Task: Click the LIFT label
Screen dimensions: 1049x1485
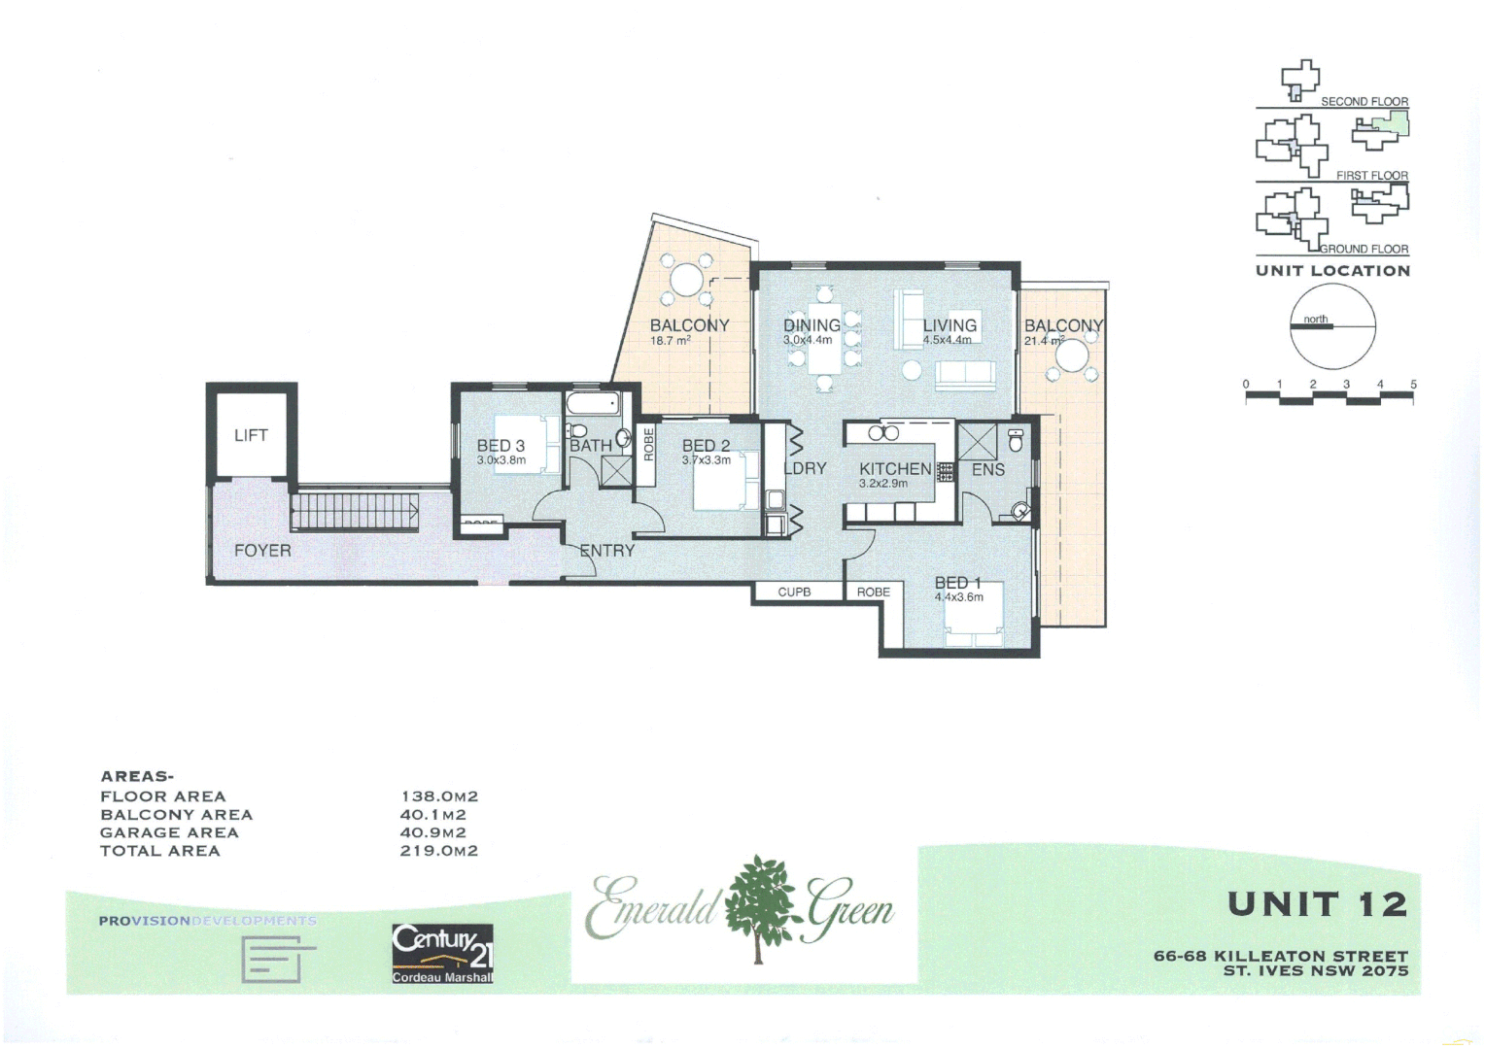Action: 251,435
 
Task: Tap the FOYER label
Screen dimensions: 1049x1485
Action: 262,551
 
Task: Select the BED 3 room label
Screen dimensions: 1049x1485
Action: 501,446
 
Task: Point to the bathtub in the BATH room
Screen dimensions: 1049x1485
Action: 593,404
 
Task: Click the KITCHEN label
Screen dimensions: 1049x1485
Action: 894,469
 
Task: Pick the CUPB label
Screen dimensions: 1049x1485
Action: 794,592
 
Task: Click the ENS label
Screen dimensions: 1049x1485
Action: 987,470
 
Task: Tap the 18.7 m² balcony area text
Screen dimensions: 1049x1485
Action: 670,341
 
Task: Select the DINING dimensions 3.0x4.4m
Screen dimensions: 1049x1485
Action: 808,340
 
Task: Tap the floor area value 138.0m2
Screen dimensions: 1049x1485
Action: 439,796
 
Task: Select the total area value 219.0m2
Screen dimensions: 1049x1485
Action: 439,851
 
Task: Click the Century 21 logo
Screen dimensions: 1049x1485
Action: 442,953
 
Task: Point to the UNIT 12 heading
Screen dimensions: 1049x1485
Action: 1317,904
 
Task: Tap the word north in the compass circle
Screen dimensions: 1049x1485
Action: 1316,319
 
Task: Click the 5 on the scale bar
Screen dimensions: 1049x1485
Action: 1413,385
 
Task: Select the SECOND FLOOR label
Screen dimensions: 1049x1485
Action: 1364,101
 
